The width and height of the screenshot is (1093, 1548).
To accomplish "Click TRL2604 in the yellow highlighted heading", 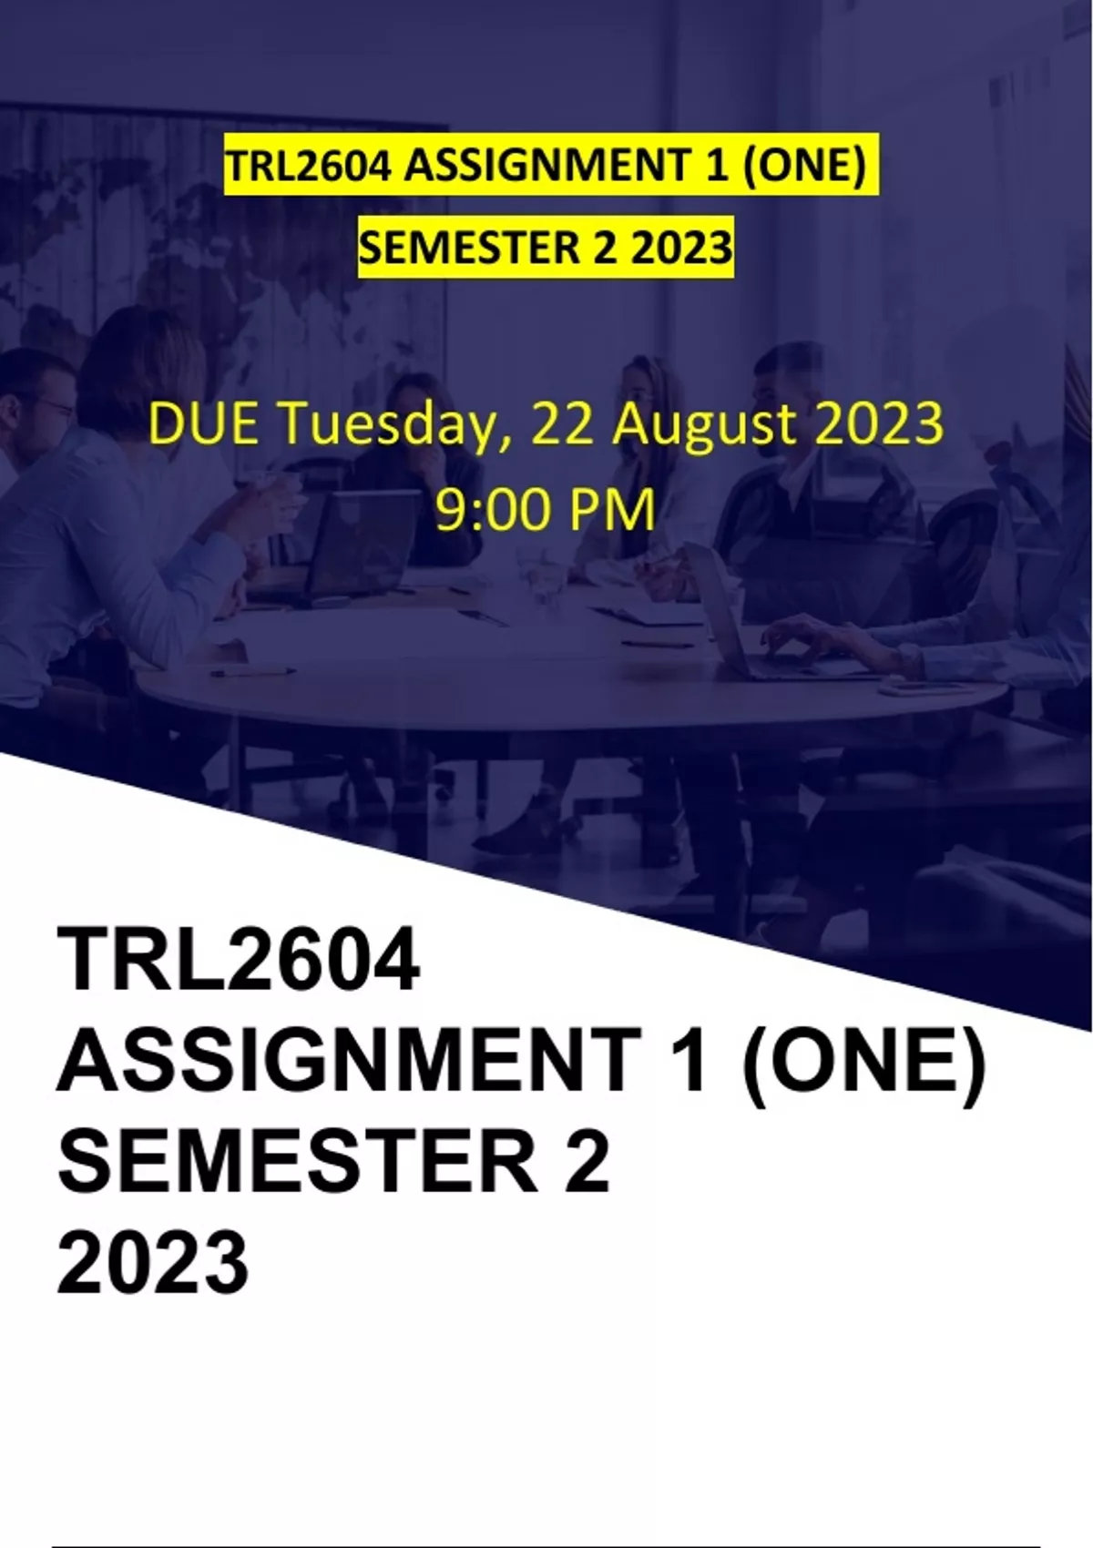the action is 310,167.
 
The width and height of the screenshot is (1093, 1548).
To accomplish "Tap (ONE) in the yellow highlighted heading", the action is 805,167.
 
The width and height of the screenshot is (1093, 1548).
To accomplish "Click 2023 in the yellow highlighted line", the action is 681,249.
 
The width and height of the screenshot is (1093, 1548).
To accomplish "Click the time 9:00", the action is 492,509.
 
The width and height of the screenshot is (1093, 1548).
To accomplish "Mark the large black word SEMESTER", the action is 299,1157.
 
